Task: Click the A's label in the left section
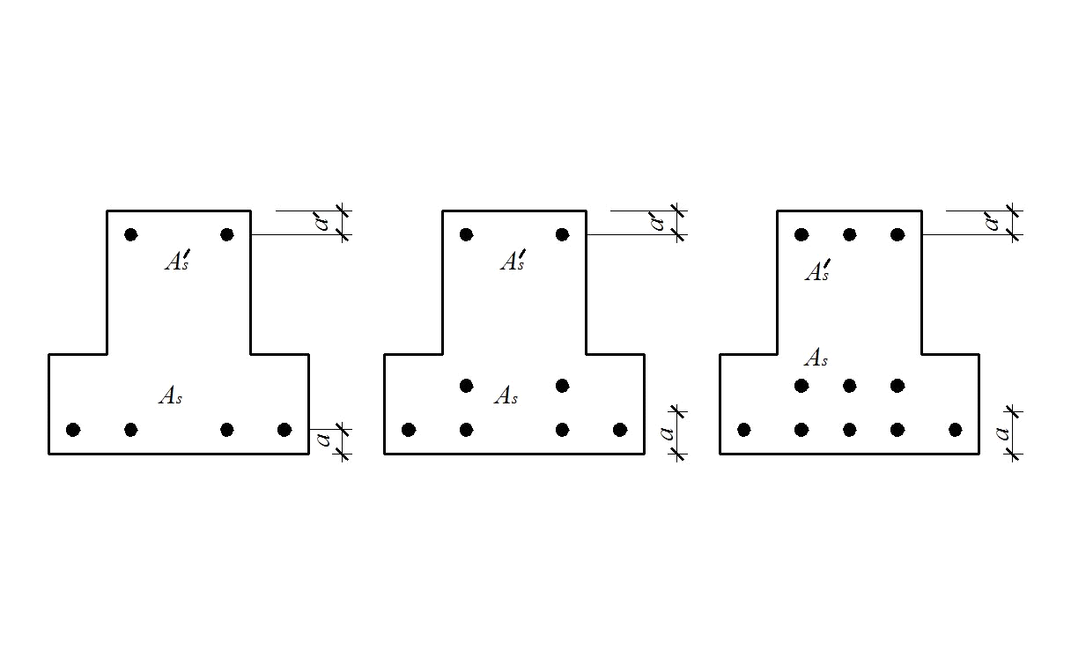tap(178, 260)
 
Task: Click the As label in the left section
tap(171, 395)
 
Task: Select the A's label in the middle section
tap(513, 260)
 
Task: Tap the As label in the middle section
tap(506, 395)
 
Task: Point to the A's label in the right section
tap(817, 270)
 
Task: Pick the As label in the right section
tap(816, 358)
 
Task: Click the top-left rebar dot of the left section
tap(131, 235)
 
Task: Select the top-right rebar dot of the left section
tap(227, 235)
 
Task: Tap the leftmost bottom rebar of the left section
tap(73, 430)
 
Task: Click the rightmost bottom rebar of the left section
tap(284, 430)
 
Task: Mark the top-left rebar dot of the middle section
tap(466, 235)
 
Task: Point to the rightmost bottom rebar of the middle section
tap(620, 430)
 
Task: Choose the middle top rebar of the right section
tap(850, 235)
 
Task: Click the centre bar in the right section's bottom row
tap(850, 430)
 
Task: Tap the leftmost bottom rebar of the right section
tap(744, 430)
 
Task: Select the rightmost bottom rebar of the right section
tap(956, 430)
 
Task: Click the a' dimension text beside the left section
tap(322, 221)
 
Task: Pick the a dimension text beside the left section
tap(324, 439)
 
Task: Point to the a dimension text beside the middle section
tap(667, 433)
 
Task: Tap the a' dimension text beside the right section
tap(993, 221)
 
